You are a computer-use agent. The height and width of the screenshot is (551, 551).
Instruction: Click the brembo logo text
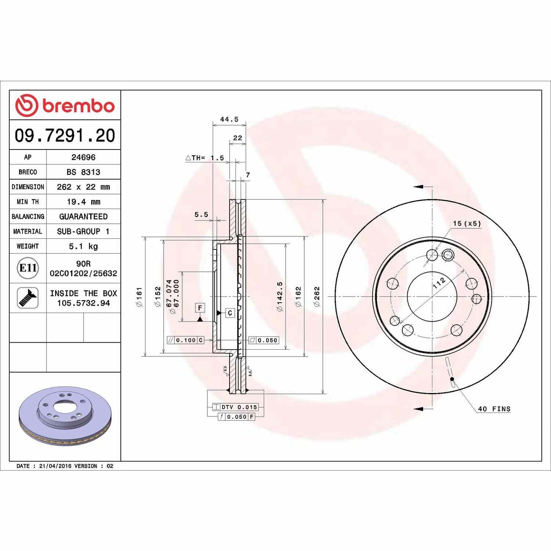coord(78,106)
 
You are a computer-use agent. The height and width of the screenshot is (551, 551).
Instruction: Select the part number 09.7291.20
coord(65,136)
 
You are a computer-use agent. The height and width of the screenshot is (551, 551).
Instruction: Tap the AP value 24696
coord(83,157)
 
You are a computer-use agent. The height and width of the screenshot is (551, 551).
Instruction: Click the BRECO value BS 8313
coord(83,172)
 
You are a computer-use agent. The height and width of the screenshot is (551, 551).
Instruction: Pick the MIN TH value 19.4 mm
coord(83,202)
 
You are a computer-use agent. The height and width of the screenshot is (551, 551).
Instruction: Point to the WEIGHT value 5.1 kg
coord(83,246)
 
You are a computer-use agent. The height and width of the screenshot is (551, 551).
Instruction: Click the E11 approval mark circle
coord(28,268)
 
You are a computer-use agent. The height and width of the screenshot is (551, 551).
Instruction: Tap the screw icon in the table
coord(28,298)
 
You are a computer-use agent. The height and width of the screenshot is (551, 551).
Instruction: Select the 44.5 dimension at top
coord(229,119)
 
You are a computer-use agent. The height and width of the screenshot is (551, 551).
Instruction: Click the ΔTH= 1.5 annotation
coord(205,158)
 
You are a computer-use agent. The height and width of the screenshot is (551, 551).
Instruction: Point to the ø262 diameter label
coord(316,296)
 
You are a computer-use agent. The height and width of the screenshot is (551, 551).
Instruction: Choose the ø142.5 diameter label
coord(280,296)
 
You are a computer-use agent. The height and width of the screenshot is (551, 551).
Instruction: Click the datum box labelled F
coord(200,308)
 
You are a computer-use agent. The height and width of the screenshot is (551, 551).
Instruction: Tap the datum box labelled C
coord(230,313)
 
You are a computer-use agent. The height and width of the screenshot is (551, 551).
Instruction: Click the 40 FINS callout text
coord(494,409)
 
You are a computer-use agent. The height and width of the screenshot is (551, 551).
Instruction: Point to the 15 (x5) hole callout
coord(467,223)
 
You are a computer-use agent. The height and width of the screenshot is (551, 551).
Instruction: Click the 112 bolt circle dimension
coord(439,283)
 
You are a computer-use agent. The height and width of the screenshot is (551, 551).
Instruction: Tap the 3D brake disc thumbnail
coord(65,416)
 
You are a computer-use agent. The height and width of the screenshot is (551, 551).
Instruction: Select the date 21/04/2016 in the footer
coord(55,466)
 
